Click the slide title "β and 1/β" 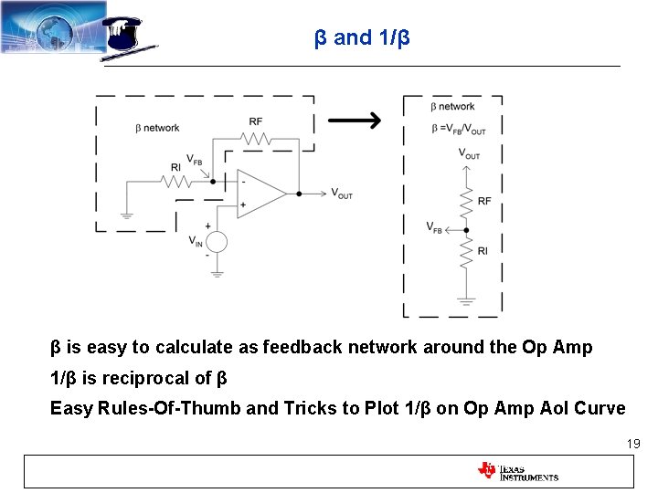click(362, 38)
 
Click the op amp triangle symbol click(260, 194)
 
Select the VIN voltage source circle click(217, 242)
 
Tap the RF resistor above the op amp click(258, 139)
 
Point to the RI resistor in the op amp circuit click(176, 182)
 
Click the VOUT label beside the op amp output click(341, 194)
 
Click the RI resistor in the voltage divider click(466, 252)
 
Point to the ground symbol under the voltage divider click(466, 299)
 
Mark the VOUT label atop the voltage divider click(468, 154)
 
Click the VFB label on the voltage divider click(434, 227)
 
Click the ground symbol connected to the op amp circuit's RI click(127, 215)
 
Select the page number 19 click(632, 444)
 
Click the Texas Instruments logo click(517, 471)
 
